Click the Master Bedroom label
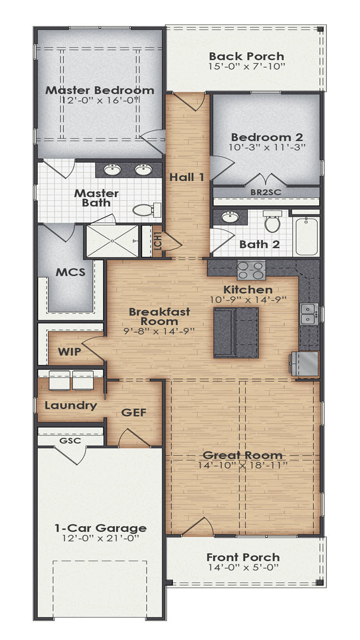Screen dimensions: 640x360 (x=99, y=90)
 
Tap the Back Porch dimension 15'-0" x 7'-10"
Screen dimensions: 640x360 (x=246, y=67)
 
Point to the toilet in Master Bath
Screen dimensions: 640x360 (x=146, y=210)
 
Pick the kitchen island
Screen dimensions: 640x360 (x=236, y=333)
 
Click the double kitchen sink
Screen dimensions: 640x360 (x=308, y=314)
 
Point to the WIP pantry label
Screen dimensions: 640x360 (x=70, y=352)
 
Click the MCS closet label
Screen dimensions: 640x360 (x=70, y=273)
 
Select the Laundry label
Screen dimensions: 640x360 (x=71, y=405)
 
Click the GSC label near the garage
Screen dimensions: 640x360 (x=70, y=441)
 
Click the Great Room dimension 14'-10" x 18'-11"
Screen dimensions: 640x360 (x=242, y=465)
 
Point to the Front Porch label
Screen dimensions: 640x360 (x=243, y=557)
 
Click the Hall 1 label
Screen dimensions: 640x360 (x=187, y=177)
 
